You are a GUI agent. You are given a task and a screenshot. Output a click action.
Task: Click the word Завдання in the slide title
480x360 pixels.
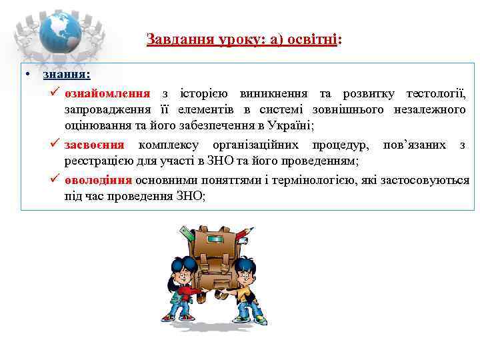(x=175, y=39)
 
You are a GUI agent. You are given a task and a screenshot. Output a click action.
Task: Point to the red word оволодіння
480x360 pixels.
(x=99, y=180)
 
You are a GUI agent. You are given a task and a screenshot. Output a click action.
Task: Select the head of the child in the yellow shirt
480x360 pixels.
(x=246, y=269)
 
